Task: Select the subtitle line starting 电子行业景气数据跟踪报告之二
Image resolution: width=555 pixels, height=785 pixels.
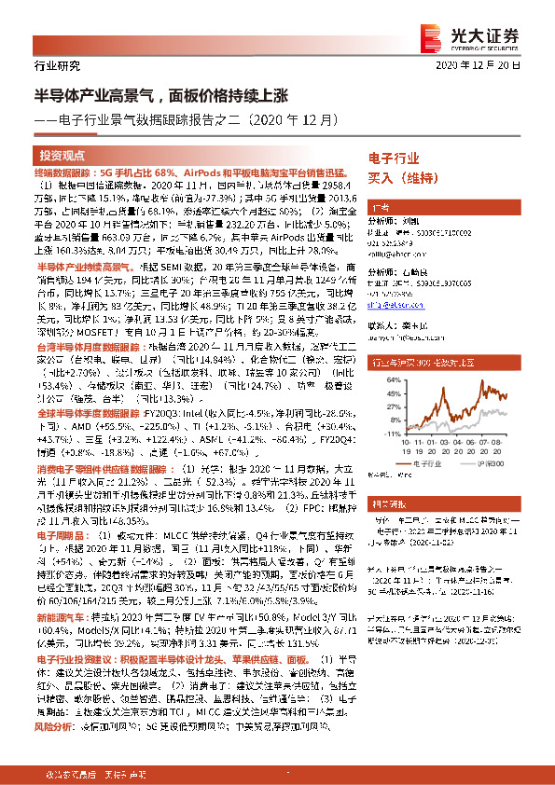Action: pos(192,120)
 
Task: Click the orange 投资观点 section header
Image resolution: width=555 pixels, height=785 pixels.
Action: pos(62,156)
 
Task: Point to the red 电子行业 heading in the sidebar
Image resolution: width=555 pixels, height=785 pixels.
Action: pos(394,159)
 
